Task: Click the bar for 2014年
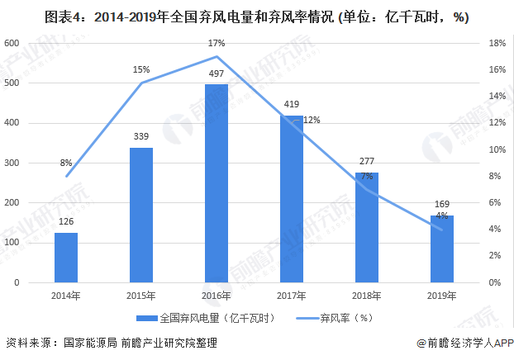point(66,257)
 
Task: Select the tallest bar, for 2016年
point(217,183)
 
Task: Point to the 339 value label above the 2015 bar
point(141,137)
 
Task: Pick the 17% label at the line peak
point(217,42)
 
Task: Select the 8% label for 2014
point(66,163)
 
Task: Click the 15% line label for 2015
point(141,69)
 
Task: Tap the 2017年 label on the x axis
point(292,296)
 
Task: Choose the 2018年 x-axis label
point(368,296)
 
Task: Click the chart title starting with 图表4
point(256,14)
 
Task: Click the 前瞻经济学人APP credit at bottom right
point(464,343)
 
